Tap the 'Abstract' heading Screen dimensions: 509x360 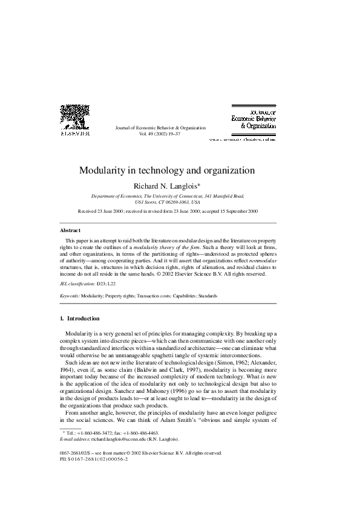70,230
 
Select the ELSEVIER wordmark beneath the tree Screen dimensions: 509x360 75,133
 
